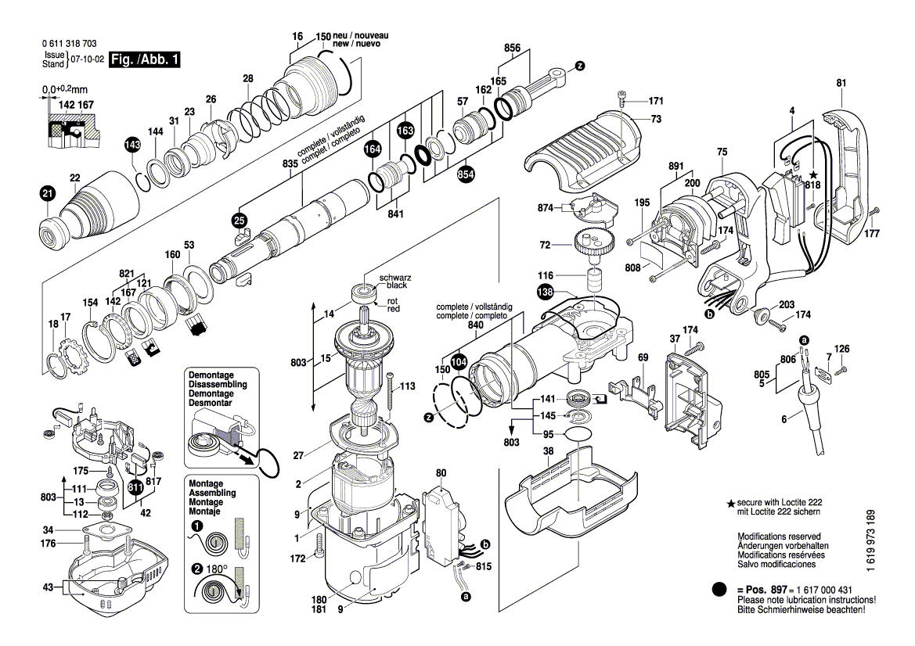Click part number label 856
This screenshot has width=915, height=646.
click(512, 48)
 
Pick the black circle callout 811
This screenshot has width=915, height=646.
click(135, 490)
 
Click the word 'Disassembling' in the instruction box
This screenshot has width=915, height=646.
click(217, 385)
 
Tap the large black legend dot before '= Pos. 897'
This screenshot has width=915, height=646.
click(720, 589)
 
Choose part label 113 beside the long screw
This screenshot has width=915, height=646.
click(407, 386)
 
